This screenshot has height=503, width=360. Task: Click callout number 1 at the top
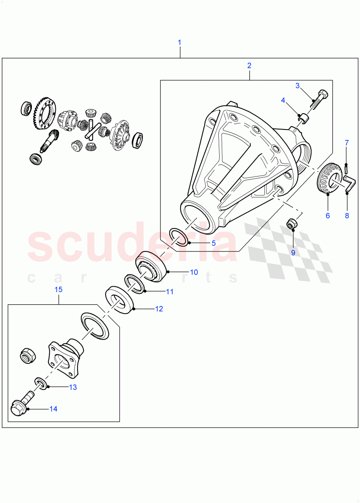tap(179, 42)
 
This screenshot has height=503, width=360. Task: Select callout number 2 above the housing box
tap(249, 65)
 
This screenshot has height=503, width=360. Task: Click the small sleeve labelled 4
tap(303, 119)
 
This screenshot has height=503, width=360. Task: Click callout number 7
tap(347, 143)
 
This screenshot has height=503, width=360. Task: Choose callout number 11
tap(169, 291)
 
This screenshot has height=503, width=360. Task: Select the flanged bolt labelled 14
tap(19, 407)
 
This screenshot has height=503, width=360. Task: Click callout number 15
tap(58, 290)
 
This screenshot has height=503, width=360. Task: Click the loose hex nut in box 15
tap(27, 356)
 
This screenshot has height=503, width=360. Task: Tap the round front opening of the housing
tap(196, 216)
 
